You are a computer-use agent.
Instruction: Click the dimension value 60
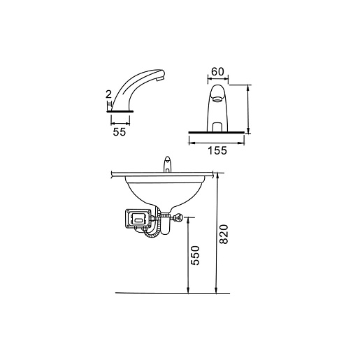217,72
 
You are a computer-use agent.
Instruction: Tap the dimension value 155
217,150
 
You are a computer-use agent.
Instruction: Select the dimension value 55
120,132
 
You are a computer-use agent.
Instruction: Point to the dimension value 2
108,94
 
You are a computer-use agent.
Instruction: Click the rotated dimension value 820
224,234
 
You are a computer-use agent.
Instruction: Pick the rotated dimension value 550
195,255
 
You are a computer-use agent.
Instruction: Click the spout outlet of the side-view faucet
161,80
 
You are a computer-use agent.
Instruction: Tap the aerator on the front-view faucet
217,99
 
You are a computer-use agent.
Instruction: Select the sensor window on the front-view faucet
217,127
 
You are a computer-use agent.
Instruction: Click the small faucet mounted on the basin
168,164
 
